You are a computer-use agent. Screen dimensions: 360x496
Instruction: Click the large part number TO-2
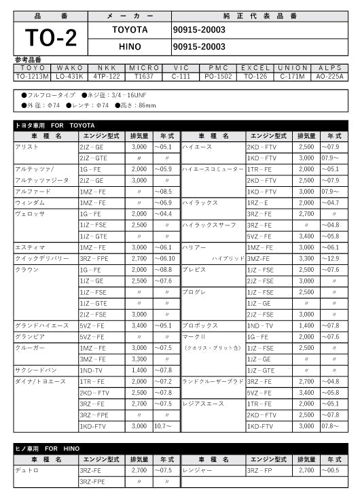tap(51, 38)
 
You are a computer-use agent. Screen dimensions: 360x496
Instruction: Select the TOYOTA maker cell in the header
tap(129, 30)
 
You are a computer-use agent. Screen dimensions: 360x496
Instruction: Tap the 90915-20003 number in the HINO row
tap(199, 47)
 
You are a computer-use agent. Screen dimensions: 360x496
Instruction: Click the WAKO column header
tap(70, 68)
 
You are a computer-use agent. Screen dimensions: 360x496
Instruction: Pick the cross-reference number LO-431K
tap(70, 76)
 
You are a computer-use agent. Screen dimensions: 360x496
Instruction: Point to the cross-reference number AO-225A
tap(330, 76)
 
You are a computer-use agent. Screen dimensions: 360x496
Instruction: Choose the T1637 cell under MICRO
tap(144, 76)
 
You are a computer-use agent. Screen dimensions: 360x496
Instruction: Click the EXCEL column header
tap(256, 68)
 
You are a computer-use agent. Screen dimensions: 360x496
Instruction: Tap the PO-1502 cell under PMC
tap(219, 76)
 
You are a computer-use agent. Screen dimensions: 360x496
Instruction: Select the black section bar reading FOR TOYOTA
tap(180, 126)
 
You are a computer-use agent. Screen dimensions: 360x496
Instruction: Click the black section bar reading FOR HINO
tap(180, 448)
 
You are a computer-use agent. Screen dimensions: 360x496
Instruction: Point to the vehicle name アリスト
tap(24, 147)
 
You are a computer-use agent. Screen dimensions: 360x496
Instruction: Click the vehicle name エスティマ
tap(27, 247)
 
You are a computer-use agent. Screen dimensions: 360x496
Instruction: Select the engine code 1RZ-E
tap(259, 202)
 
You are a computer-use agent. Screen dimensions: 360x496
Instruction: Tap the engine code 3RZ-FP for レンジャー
tap(262, 470)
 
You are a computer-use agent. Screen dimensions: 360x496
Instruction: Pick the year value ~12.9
tap(332, 259)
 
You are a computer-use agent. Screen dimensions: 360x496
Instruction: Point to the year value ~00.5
tap(332, 470)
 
